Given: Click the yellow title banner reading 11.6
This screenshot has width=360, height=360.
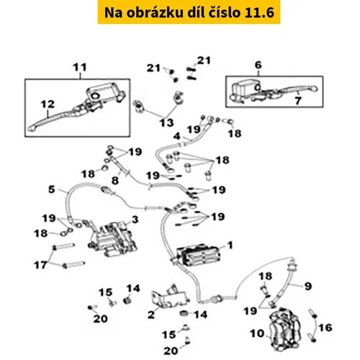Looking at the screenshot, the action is (189, 12).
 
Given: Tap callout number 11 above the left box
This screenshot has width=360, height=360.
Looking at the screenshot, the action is (80, 68).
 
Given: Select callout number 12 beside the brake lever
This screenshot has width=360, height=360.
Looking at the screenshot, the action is (48, 104).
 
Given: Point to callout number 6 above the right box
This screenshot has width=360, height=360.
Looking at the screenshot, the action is (258, 65).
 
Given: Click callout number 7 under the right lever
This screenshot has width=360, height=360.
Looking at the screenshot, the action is (298, 101).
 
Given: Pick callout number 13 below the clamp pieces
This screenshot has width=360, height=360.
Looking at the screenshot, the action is (167, 123).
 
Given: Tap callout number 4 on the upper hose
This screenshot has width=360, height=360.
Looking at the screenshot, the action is (177, 136).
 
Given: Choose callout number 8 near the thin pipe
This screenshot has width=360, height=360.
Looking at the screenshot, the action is (115, 181).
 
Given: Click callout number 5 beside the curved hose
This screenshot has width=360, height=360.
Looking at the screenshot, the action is (52, 189).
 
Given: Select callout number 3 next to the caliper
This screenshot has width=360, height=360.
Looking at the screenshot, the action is (135, 220).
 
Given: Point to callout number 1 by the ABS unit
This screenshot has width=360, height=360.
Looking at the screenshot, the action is (230, 246).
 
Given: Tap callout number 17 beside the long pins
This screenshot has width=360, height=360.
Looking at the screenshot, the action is (40, 265).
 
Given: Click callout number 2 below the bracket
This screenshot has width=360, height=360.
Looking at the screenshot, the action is (151, 315).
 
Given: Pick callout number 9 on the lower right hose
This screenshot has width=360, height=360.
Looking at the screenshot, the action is (308, 286).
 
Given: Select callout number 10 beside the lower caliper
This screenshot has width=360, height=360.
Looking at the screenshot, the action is (257, 333).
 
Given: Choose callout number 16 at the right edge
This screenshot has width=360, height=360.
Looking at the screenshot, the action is (325, 328).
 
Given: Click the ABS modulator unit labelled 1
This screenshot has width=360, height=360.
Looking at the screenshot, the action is (198, 256).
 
